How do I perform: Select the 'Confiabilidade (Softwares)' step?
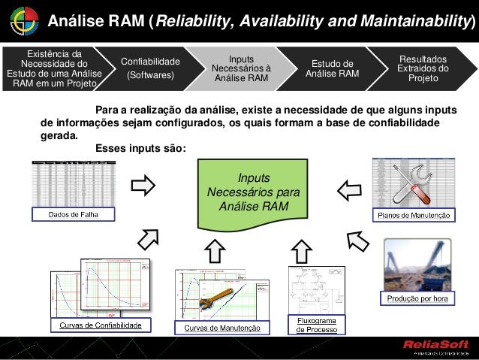[150, 68]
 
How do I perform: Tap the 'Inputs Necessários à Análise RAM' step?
[240, 68]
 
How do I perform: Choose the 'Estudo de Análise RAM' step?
[332, 68]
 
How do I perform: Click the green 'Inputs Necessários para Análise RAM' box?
[252, 192]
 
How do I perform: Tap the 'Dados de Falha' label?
[73, 214]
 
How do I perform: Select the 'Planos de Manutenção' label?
[412, 215]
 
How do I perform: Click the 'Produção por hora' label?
[417, 299]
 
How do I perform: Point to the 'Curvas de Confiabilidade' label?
[101, 325]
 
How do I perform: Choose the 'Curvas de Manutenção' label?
[218, 328]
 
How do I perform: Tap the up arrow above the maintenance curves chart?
[215, 250]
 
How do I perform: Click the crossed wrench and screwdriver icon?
[411, 183]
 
